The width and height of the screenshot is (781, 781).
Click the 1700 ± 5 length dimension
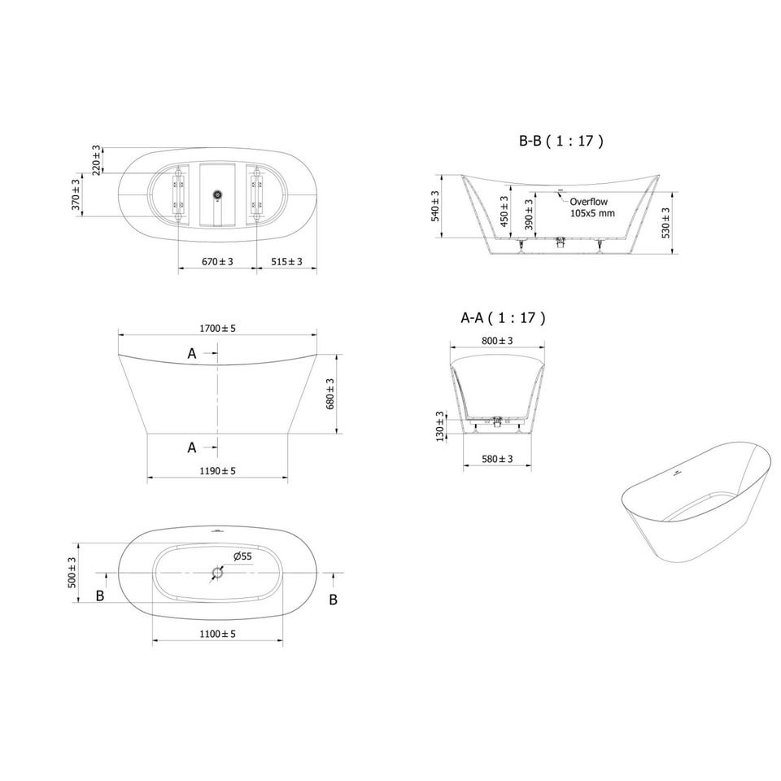(217, 328)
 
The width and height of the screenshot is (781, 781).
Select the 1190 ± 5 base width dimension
(217, 471)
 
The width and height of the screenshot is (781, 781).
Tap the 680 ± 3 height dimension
(329, 394)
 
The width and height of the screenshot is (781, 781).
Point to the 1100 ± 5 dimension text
(217, 634)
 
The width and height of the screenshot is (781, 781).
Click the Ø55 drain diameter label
(242, 556)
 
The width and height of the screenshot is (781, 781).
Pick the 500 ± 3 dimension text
(72, 572)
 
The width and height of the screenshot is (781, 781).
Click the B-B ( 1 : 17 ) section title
(561, 141)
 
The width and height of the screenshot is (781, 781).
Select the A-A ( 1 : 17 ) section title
(503, 317)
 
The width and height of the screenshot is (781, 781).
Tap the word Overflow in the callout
(589, 202)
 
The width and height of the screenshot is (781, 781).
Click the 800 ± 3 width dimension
(497, 341)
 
